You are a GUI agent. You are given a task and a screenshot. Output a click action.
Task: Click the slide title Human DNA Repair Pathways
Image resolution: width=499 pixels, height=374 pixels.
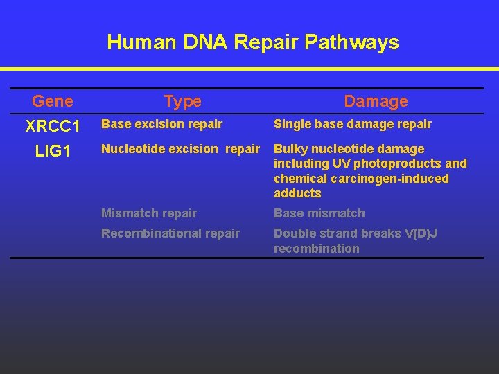(253, 42)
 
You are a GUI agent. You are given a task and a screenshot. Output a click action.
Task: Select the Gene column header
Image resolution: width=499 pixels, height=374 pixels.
(52, 101)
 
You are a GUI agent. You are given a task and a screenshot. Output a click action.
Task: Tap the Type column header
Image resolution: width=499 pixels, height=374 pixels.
(183, 101)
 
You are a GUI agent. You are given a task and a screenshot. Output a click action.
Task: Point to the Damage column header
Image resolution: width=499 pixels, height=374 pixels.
(376, 101)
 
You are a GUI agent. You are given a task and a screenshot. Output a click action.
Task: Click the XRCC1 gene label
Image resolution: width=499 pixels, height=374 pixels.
(53, 127)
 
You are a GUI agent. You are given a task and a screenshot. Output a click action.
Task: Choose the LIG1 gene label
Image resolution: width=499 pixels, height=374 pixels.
(53, 150)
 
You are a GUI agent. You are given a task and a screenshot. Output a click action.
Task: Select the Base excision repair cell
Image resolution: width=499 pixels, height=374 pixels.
(161, 124)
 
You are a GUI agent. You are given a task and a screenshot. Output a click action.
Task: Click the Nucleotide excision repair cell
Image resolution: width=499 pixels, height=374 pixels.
(180, 149)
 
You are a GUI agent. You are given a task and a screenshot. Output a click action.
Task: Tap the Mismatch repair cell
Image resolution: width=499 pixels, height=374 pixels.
(149, 213)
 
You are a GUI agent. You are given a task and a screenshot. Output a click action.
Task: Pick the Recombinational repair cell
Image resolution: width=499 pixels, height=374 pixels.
(170, 233)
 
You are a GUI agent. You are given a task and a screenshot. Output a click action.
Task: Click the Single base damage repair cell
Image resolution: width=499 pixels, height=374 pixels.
(352, 124)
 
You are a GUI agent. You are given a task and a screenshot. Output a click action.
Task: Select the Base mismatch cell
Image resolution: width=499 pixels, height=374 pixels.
(319, 213)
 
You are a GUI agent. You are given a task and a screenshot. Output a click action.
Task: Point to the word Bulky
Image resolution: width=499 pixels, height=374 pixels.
(290, 149)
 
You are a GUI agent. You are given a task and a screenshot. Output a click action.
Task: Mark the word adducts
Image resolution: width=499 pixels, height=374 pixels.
(297, 193)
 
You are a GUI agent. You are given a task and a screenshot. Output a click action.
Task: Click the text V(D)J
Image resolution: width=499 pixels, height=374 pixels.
(419, 233)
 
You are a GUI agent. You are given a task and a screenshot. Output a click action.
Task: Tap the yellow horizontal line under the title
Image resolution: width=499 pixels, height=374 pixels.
(249, 69)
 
